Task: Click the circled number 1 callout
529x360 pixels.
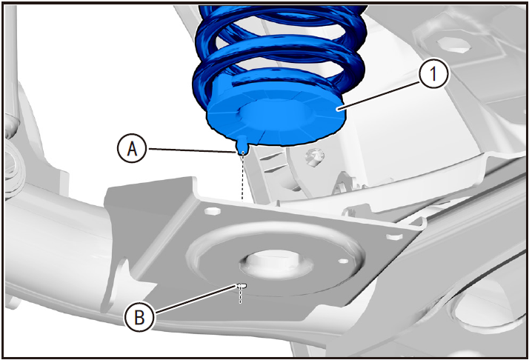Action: click(x=434, y=74)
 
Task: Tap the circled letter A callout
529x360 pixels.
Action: click(x=132, y=148)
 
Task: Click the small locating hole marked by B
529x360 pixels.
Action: click(x=242, y=286)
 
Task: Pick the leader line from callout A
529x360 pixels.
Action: click(x=191, y=150)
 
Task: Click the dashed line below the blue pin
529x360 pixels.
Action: click(x=242, y=178)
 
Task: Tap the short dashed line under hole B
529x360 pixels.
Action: click(x=241, y=296)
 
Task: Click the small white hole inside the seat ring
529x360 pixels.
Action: click(x=343, y=261)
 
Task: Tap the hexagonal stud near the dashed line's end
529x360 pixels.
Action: click(x=213, y=211)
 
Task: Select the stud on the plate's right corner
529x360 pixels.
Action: click(x=393, y=236)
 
